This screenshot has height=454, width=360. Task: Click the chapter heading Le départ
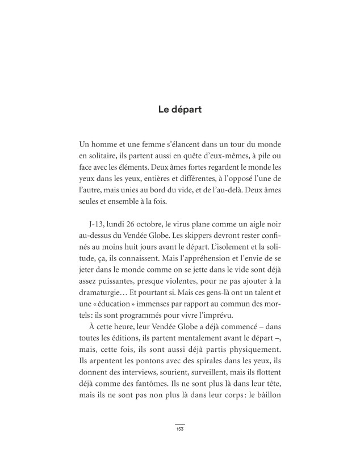coord(179,110)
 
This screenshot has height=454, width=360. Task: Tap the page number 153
coord(179,430)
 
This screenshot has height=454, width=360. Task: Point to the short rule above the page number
coord(179,424)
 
